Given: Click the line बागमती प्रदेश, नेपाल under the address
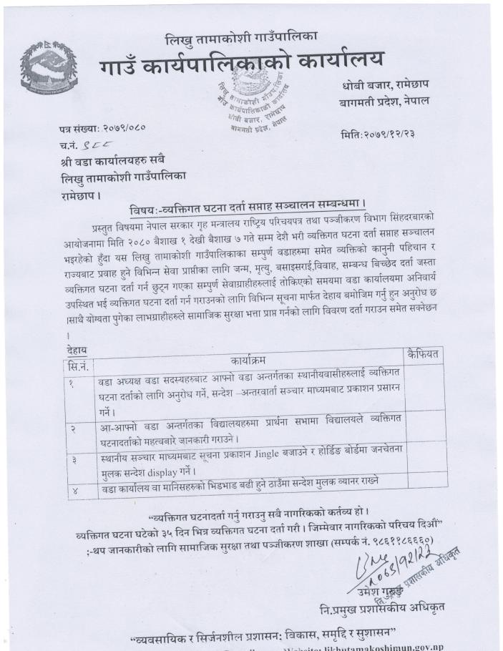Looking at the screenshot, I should coord(384,102).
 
